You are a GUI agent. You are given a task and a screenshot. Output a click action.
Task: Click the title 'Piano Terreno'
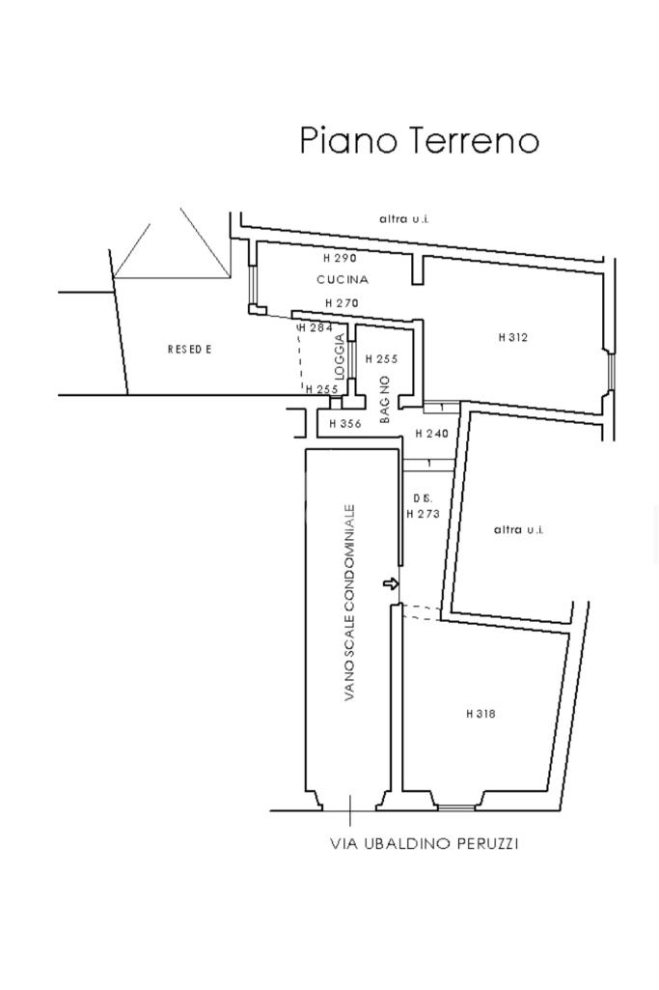click(420, 140)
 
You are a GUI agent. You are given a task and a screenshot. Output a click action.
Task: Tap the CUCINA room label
click(343, 279)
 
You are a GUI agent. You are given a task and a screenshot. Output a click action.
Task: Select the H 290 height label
click(340, 258)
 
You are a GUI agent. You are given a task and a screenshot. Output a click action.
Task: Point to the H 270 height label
click(342, 303)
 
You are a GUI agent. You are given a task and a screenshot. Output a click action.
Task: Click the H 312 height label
click(512, 337)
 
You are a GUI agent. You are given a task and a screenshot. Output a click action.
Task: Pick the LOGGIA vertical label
click(341, 356)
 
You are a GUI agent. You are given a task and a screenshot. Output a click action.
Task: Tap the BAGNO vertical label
click(385, 400)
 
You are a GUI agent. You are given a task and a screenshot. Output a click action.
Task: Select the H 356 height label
click(345, 424)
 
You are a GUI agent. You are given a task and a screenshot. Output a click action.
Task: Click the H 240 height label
click(432, 434)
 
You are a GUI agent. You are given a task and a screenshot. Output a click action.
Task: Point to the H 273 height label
click(424, 514)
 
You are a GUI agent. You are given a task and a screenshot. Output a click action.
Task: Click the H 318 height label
click(481, 714)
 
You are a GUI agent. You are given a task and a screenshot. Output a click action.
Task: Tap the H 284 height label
click(315, 327)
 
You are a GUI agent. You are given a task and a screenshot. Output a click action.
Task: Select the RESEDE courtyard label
click(190, 349)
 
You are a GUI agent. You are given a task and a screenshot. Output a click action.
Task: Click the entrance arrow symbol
click(391, 584)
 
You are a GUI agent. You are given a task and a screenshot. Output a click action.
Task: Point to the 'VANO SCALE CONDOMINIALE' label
click(350, 603)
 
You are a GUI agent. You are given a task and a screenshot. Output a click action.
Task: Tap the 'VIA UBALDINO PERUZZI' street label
click(425, 843)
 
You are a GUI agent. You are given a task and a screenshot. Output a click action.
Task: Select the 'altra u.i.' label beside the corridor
click(518, 529)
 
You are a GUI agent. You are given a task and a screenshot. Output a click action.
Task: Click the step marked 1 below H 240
click(428, 465)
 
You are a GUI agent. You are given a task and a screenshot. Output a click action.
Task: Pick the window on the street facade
click(456, 806)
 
